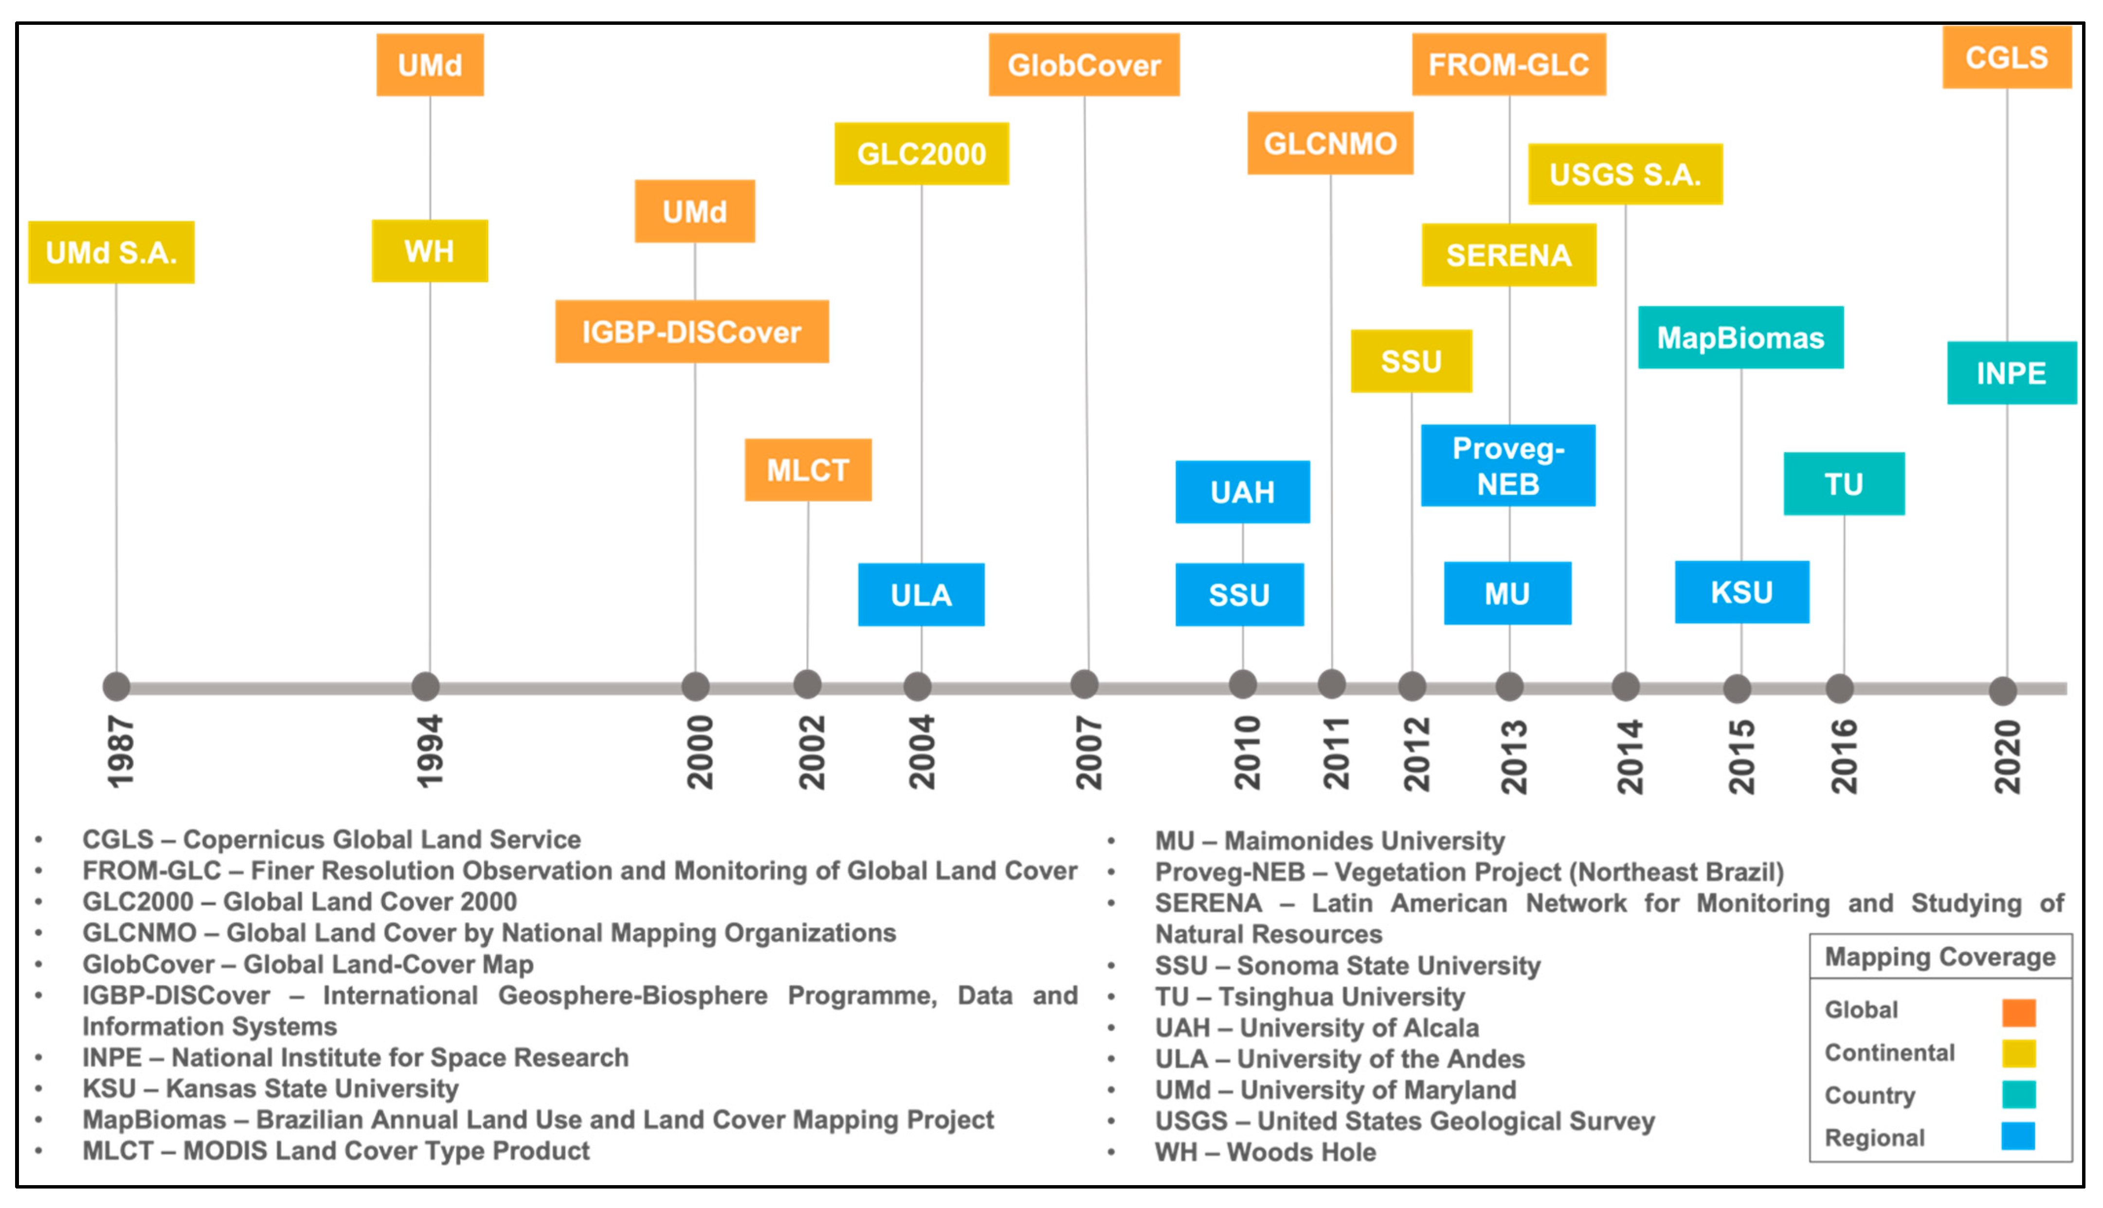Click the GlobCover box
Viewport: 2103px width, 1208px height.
tap(1083, 65)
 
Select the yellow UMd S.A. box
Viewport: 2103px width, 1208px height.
tap(111, 252)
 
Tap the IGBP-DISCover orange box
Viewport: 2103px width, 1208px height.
tap(691, 332)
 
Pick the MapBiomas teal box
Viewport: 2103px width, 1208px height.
tap(1740, 338)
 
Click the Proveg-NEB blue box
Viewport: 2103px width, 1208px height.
tap(1507, 465)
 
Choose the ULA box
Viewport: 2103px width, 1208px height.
tap(921, 595)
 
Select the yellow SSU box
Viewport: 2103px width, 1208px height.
tap(1411, 362)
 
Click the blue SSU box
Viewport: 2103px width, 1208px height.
tap(1239, 595)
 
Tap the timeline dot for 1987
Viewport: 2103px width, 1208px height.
tap(116, 686)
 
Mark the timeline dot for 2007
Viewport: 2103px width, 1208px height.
tap(1084, 684)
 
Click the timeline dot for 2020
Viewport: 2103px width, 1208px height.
tap(2003, 690)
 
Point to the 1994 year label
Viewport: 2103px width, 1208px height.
tap(429, 751)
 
